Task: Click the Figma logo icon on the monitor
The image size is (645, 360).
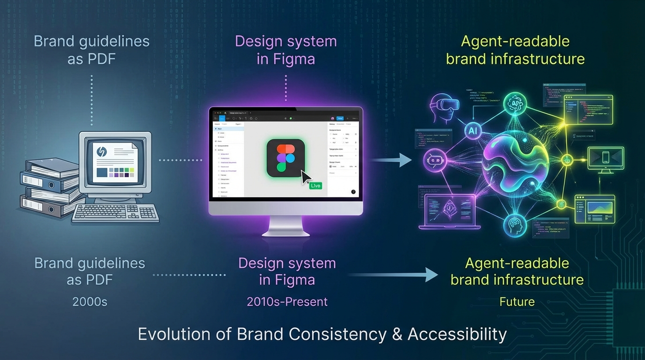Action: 285,158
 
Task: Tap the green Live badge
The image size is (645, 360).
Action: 315,186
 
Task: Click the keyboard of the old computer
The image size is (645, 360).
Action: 115,213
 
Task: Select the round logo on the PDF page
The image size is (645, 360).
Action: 102,152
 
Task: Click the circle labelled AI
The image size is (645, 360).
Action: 473,132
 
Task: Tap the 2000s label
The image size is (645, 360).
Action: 90,301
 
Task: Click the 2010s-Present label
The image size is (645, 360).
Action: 287,301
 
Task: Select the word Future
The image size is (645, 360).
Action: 517,301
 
